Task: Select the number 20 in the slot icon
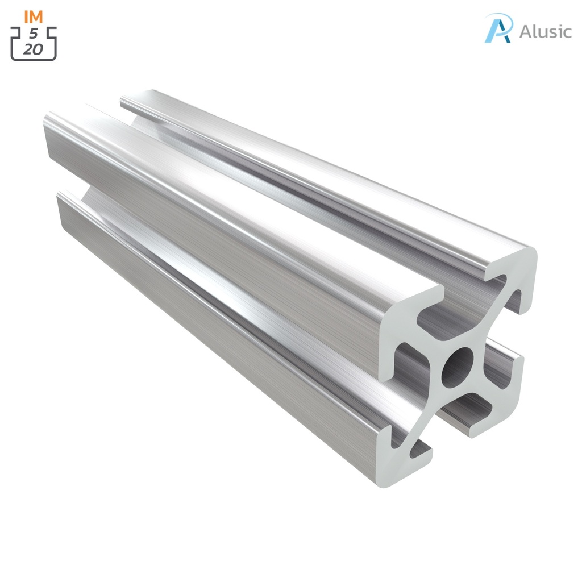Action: [x=34, y=49]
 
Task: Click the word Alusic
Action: [x=545, y=31]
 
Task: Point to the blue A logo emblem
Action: [x=498, y=28]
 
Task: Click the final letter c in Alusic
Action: [x=566, y=32]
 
